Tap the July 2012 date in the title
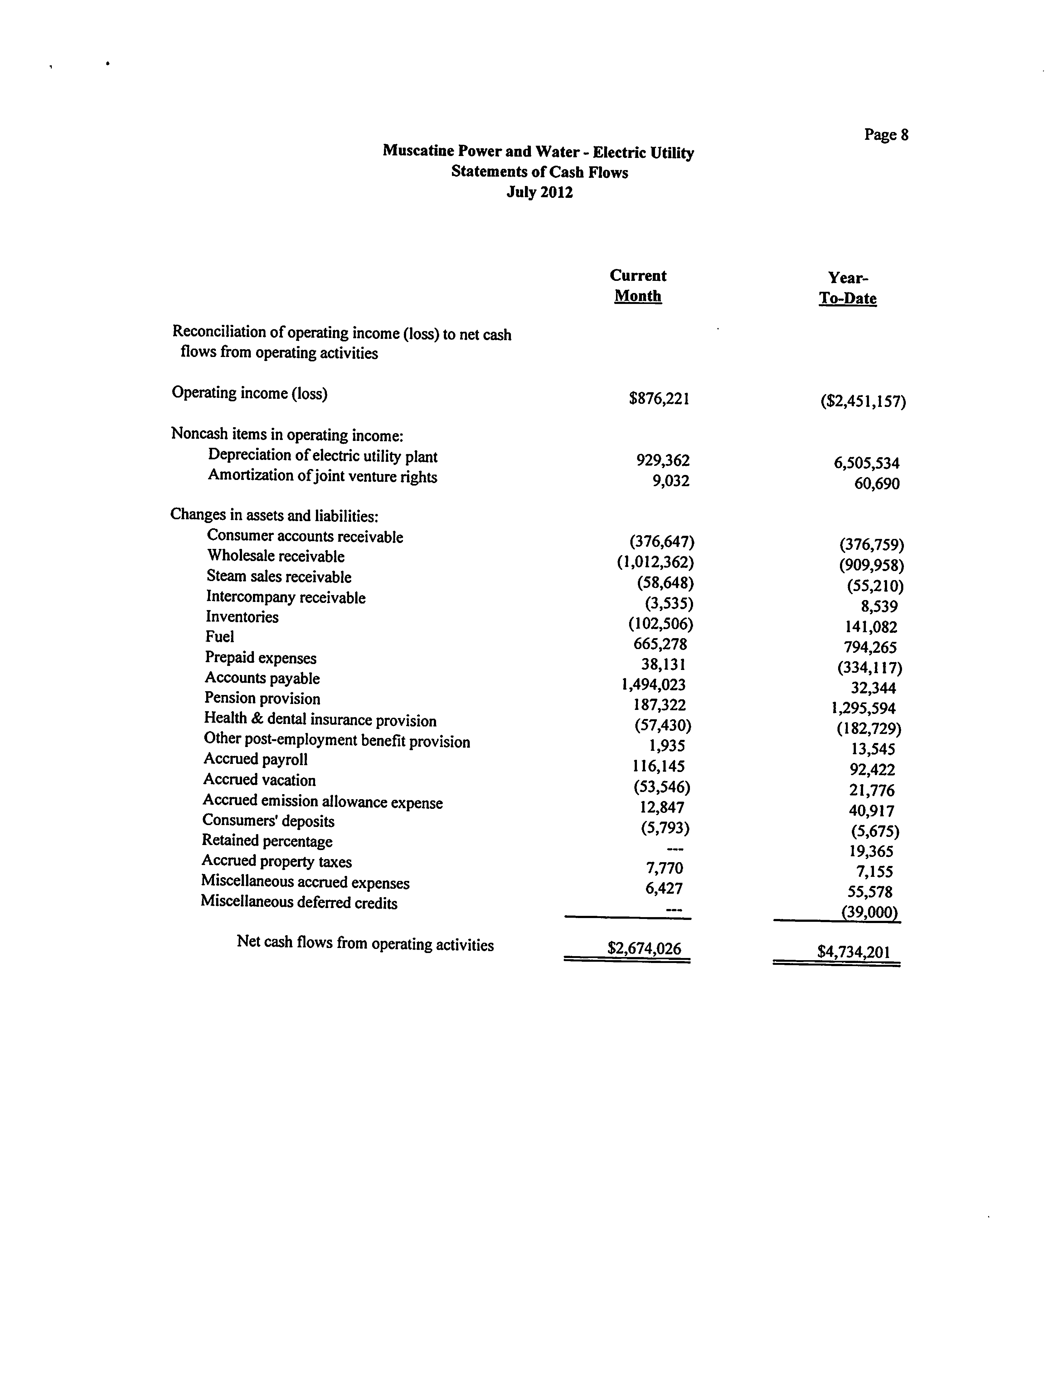540,192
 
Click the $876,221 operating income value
659,399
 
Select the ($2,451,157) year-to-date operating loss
863,401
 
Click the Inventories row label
242,617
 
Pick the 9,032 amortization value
671,481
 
